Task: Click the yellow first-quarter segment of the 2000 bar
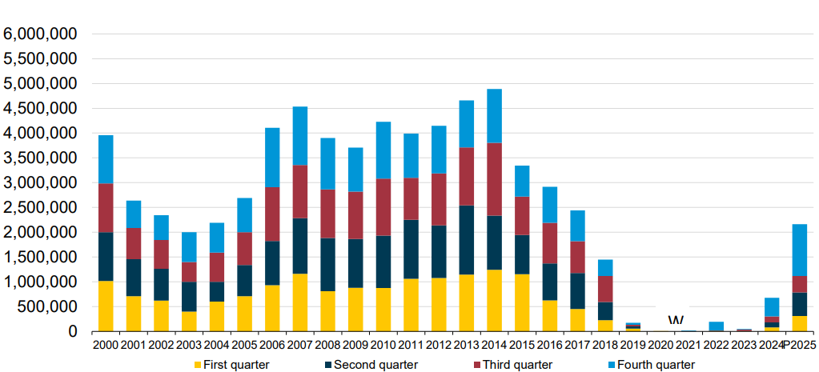tap(106, 306)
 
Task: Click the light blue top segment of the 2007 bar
tap(300, 136)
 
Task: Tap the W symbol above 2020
tap(674, 321)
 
